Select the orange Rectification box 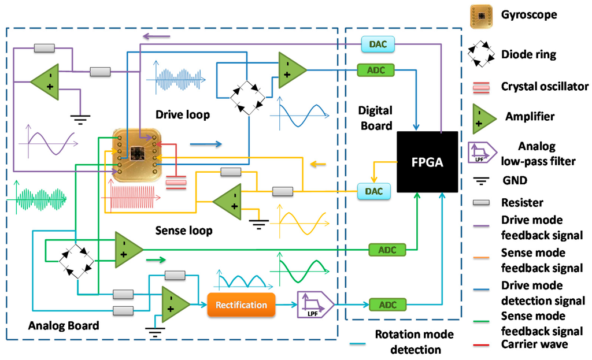click(x=241, y=305)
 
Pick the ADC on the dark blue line click(x=376, y=70)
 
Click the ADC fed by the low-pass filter click(x=387, y=305)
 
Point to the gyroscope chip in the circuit click(x=136, y=154)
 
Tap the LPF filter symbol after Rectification click(x=314, y=305)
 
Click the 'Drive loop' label click(x=182, y=114)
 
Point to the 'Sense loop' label click(x=184, y=231)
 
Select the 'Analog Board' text click(x=64, y=325)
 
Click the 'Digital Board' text click(x=375, y=117)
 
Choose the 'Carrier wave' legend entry click(x=534, y=344)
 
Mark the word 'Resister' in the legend click(x=522, y=203)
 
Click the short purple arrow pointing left click(x=157, y=37)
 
